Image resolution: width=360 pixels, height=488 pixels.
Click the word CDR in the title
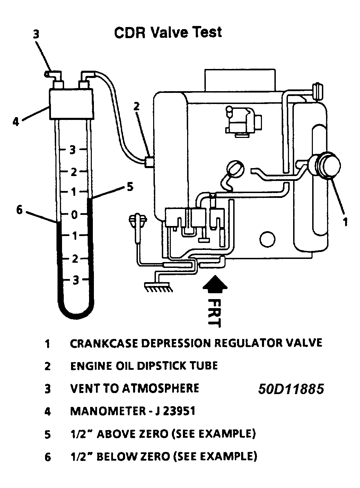click(130, 32)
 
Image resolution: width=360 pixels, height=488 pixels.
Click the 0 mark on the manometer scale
click(74, 215)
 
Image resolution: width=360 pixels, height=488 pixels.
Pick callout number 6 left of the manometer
click(20, 210)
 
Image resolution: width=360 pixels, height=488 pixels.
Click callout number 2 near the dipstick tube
click(137, 106)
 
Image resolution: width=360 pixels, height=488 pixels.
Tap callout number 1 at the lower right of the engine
click(345, 221)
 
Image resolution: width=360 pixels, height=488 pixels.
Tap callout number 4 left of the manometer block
click(16, 121)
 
